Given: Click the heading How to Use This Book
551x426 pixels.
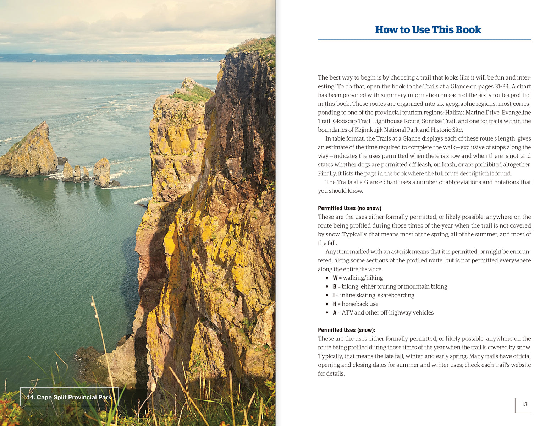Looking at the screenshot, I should tap(428, 30).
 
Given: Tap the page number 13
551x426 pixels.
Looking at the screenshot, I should tap(524, 404).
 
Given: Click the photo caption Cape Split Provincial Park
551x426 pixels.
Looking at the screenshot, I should tap(70, 397).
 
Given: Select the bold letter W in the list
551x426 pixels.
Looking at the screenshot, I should tap(335, 278).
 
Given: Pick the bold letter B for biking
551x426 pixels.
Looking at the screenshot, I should tap(335, 286).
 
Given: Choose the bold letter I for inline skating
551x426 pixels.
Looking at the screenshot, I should tap(334, 295).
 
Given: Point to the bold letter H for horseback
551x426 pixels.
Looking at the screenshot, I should tap(335, 304).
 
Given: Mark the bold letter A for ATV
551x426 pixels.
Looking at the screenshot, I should tap(335, 313).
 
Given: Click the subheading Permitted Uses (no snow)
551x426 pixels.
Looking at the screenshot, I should tap(349, 208).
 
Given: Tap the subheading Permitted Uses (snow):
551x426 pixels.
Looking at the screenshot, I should tap(346, 330).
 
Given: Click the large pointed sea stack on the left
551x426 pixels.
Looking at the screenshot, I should tap(32, 151).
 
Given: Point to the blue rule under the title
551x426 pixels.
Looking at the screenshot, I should tap(424, 40).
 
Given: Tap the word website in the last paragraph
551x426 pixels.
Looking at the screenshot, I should tap(520, 365).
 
